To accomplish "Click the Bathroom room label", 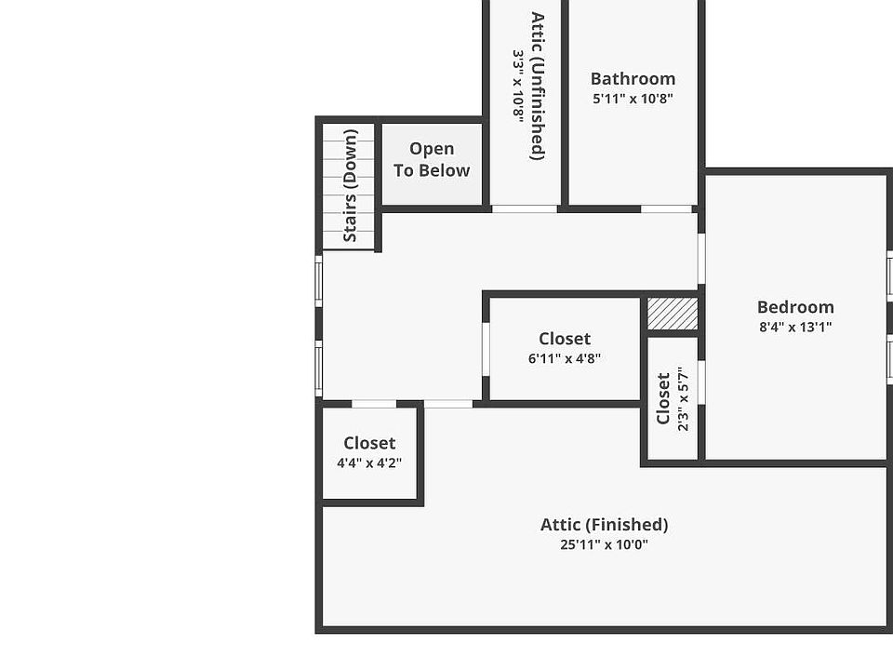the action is tap(633, 78).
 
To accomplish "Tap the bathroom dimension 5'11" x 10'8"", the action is tap(633, 99).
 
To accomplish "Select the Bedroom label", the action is tap(795, 307).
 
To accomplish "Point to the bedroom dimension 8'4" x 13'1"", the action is tap(795, 327).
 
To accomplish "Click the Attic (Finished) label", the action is tap(605, 525).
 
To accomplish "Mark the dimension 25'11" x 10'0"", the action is tap(605, 544).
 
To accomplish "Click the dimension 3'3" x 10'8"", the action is tap(518, 86).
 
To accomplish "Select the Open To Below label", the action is tap(432, 159).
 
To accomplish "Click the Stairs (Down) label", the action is tap(351, 186).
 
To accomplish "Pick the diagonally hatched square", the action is tap(673, 314).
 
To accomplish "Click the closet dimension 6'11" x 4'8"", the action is tap(565, 359).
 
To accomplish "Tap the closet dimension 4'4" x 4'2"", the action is tap(369, 463).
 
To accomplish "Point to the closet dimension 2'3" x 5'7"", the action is tap(684, 399).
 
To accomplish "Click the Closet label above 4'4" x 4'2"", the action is tap(369, 443).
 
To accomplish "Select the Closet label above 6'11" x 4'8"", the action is tap(565, 339).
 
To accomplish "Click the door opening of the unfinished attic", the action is tap(525, 209).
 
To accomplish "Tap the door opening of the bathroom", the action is tap(666, 209).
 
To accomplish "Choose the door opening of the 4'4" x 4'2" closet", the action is tap(374, 404).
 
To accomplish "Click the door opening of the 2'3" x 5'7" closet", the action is tap(701, 382).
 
